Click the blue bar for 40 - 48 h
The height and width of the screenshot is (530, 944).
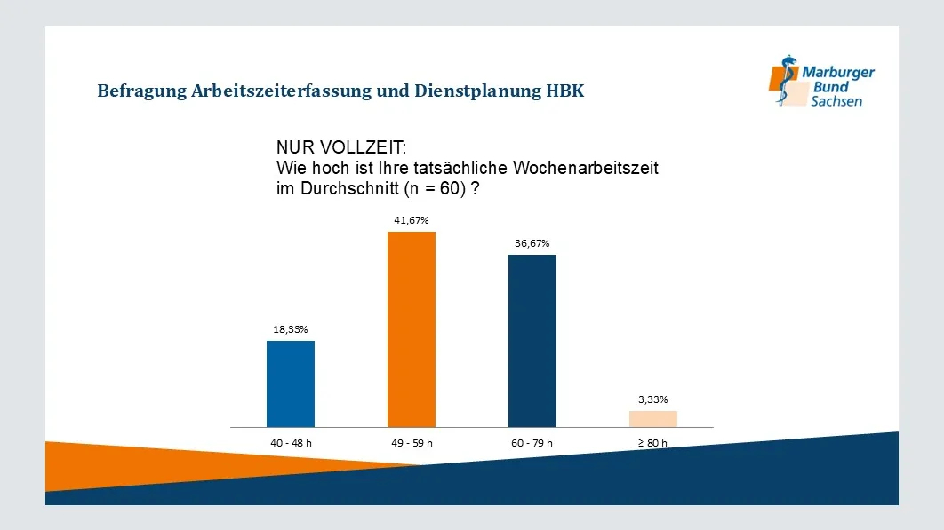291,384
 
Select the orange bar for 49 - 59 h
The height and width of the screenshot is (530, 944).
412,328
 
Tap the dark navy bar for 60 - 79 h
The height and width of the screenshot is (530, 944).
532,341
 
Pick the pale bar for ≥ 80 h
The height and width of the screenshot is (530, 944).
653,419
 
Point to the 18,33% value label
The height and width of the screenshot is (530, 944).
291,329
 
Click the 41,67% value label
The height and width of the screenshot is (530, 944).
412,220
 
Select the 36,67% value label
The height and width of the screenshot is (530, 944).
532,243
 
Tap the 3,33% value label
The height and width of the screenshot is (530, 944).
653,399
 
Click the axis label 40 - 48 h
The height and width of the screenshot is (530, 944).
291,442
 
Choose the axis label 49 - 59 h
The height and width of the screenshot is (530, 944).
412,442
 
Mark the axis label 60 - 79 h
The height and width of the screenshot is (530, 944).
532,442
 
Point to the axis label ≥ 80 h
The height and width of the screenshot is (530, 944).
653,442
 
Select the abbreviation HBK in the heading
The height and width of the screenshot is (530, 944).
565,91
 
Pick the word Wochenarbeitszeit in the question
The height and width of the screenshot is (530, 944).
583,168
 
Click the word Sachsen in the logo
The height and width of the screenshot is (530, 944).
836,102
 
